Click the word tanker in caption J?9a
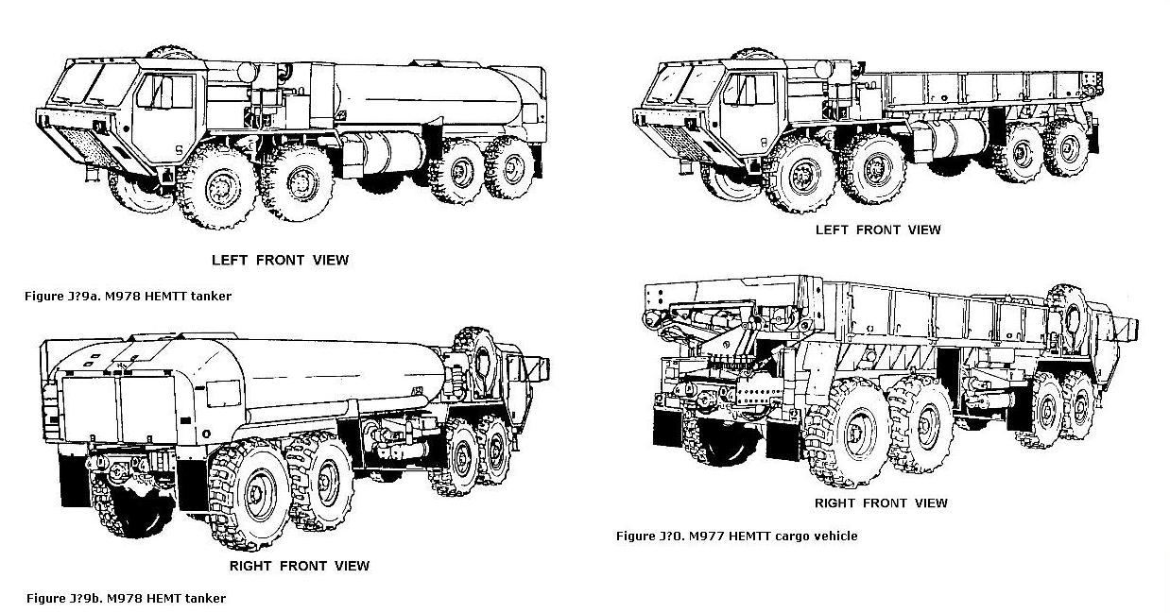coord(211,296)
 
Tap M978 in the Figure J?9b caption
coord(127,598)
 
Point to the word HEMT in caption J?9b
coord(168,598)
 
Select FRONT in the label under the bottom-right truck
coord(885,502)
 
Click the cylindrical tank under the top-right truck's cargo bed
coord(955,137)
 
